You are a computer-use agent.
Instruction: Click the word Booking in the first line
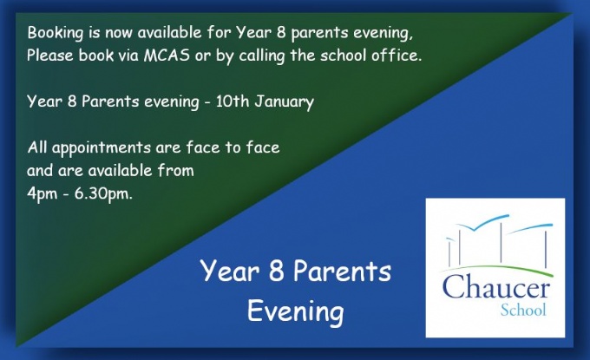pos(55,33)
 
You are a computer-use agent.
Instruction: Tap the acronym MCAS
pos(167,56)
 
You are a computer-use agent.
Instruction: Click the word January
pos(284,102)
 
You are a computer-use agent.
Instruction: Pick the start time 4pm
pos(43,194)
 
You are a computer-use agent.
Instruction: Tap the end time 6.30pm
pos(103,194)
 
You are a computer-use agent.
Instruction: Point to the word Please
pos(50,56)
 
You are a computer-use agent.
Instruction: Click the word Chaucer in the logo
pos(496,287)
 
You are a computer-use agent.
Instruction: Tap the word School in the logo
pos(523,310)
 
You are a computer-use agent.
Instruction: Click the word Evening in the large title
pos(295,311)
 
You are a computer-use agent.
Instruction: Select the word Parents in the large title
pos(342,272)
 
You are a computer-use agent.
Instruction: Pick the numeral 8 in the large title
pos(276,272)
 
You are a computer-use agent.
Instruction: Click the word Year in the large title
pos(230,272)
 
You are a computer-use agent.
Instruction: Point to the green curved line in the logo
pos(496,269)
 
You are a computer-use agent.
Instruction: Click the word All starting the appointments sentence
pos(37,147)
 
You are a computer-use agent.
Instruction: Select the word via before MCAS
pos(128,56)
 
